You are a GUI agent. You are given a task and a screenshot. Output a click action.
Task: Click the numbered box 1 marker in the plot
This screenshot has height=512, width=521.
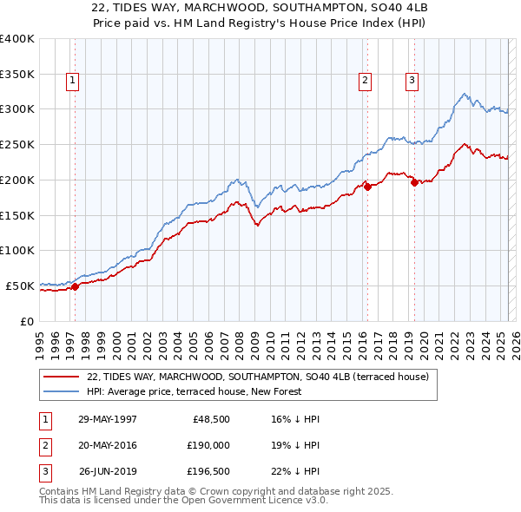click(x=73, y=81)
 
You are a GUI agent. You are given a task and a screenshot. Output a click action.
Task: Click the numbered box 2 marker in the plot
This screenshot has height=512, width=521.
click(x=366, y=81)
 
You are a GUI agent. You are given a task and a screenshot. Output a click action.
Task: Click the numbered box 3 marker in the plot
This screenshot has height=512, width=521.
click(x=412, y=81)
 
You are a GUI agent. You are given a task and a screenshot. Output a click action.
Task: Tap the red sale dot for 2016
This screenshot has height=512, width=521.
click(x=367, y=186)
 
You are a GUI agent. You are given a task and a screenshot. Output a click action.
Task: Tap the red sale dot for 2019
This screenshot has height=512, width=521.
click(x=414, y=182)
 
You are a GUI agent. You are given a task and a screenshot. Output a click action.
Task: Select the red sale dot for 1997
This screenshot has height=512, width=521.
click(x=75, y=286)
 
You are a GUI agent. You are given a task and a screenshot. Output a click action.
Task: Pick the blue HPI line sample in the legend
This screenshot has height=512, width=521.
click(x=62, y=391)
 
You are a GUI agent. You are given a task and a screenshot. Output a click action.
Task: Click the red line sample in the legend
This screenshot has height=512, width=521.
click(x=62, y=377)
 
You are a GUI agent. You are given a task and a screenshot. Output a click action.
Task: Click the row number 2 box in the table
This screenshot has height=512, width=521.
click(x=43, y=445)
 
